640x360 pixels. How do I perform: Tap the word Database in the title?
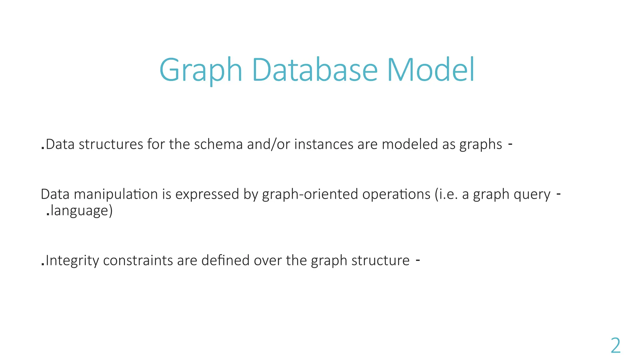[x=315, y=70]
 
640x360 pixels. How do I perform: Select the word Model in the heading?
[x=431, y=70]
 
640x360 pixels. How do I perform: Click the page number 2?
[x=615, y=346]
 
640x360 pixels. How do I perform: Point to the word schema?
[x=218, y=144]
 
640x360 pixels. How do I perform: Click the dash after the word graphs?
[x=510, y=144]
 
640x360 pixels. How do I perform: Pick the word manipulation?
[x=116, y=194]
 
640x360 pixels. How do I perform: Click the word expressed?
[x=207, y=194]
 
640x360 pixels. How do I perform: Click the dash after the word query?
[x=559, y=194]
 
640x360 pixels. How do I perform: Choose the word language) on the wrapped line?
[x=81, y=211]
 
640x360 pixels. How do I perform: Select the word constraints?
[x=137, y=261]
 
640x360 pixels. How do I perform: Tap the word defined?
[x=225, y=261]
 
